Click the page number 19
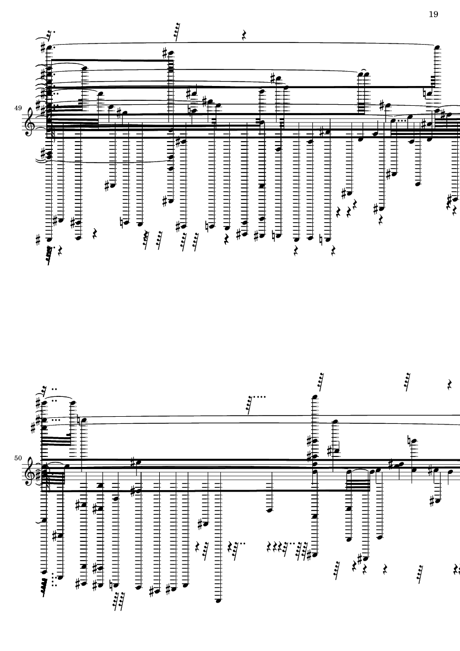tap(433, 14)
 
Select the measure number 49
tap(18, 108)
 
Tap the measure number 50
tap(18, 458)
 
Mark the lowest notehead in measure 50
tap(218, 600)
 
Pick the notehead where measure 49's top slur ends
tap(437, 48)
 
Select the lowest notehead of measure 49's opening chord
tap(49, 240)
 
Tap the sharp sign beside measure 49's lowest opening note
tap(39, 240)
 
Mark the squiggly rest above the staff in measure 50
tap(451, 384)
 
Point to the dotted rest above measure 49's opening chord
tap(50, 33)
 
